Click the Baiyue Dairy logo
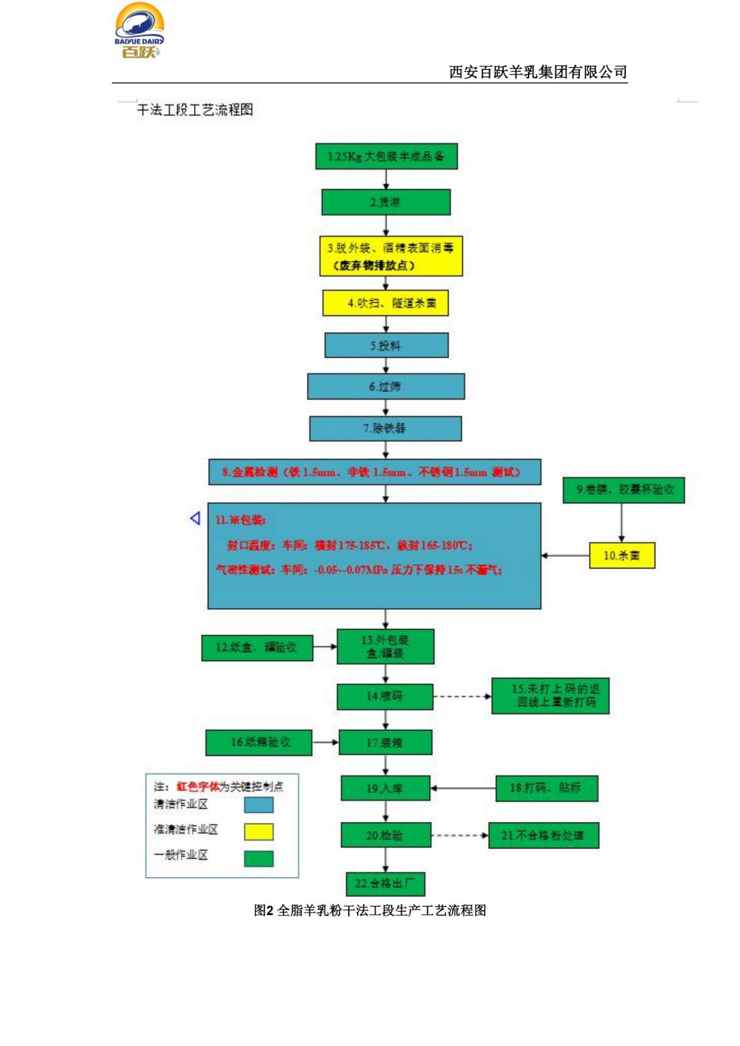point(139,30)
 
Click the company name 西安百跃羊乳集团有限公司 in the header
point(537,72)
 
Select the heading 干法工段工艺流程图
point(195,109)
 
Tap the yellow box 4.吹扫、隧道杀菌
point(385,303)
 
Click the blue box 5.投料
point(386,346)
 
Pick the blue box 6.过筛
point(386,386)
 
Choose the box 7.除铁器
point(385,428)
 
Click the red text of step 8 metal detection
point(371,472)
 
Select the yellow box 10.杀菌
point(621,556)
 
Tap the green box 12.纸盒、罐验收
point(257,647)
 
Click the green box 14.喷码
point(384,696)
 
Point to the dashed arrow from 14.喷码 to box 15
point(462,696)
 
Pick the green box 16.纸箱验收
point(259,742)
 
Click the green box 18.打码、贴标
point(545,788)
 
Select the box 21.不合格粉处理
point(543,835)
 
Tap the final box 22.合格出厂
point(385,884)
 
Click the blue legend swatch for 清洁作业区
point(258,804)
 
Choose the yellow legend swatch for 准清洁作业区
point(258,832)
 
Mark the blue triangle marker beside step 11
point(195,519)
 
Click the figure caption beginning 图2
point(370,910)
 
